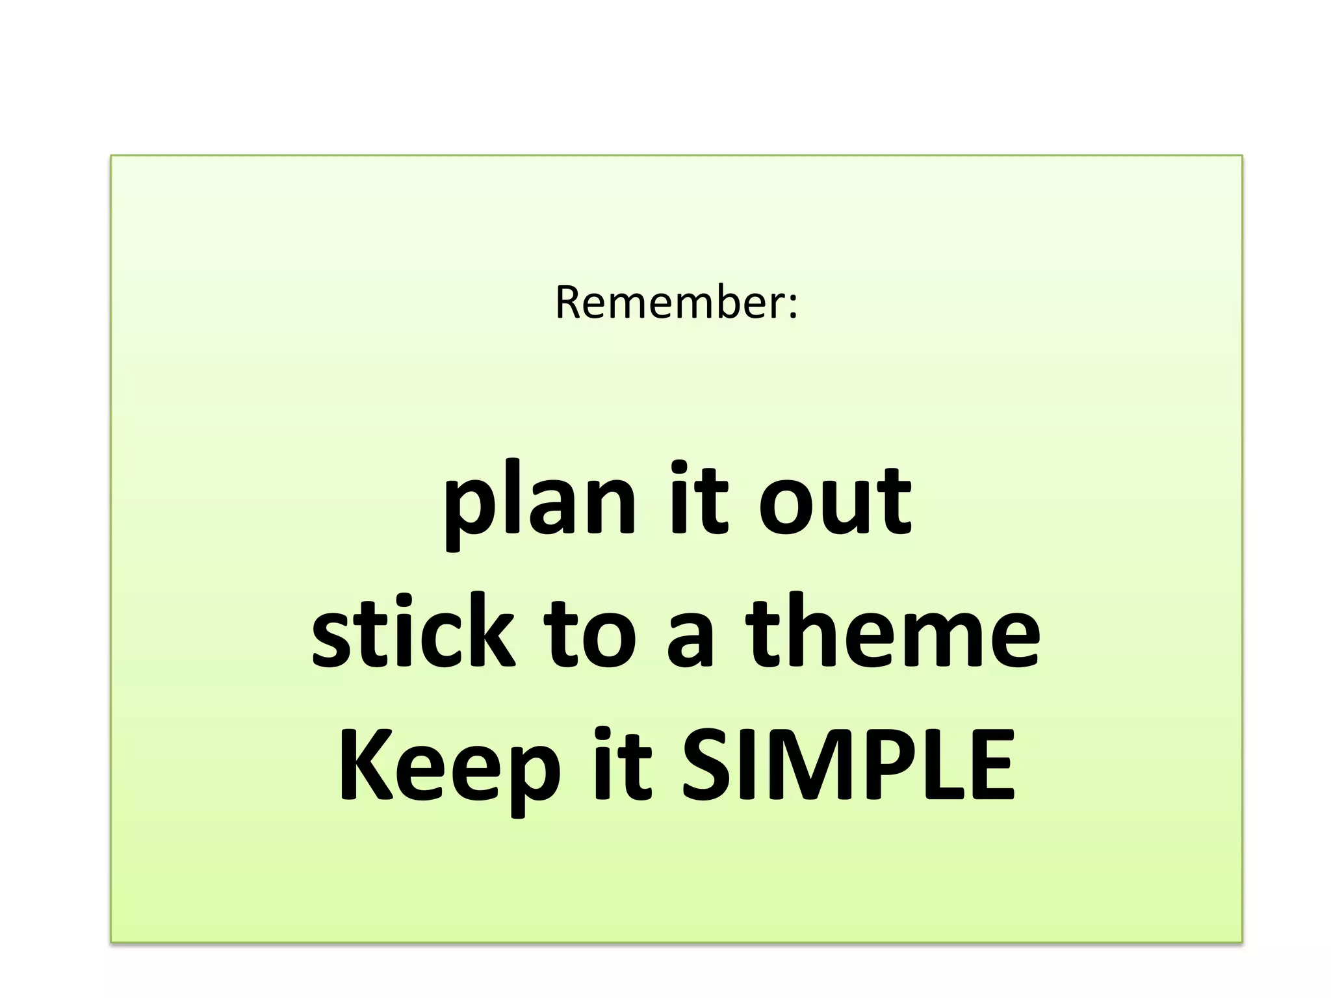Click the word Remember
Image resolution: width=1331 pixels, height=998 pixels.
[669, 303]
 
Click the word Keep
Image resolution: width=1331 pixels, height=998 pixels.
[449, 767]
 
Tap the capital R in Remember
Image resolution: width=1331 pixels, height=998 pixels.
[569, 303]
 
